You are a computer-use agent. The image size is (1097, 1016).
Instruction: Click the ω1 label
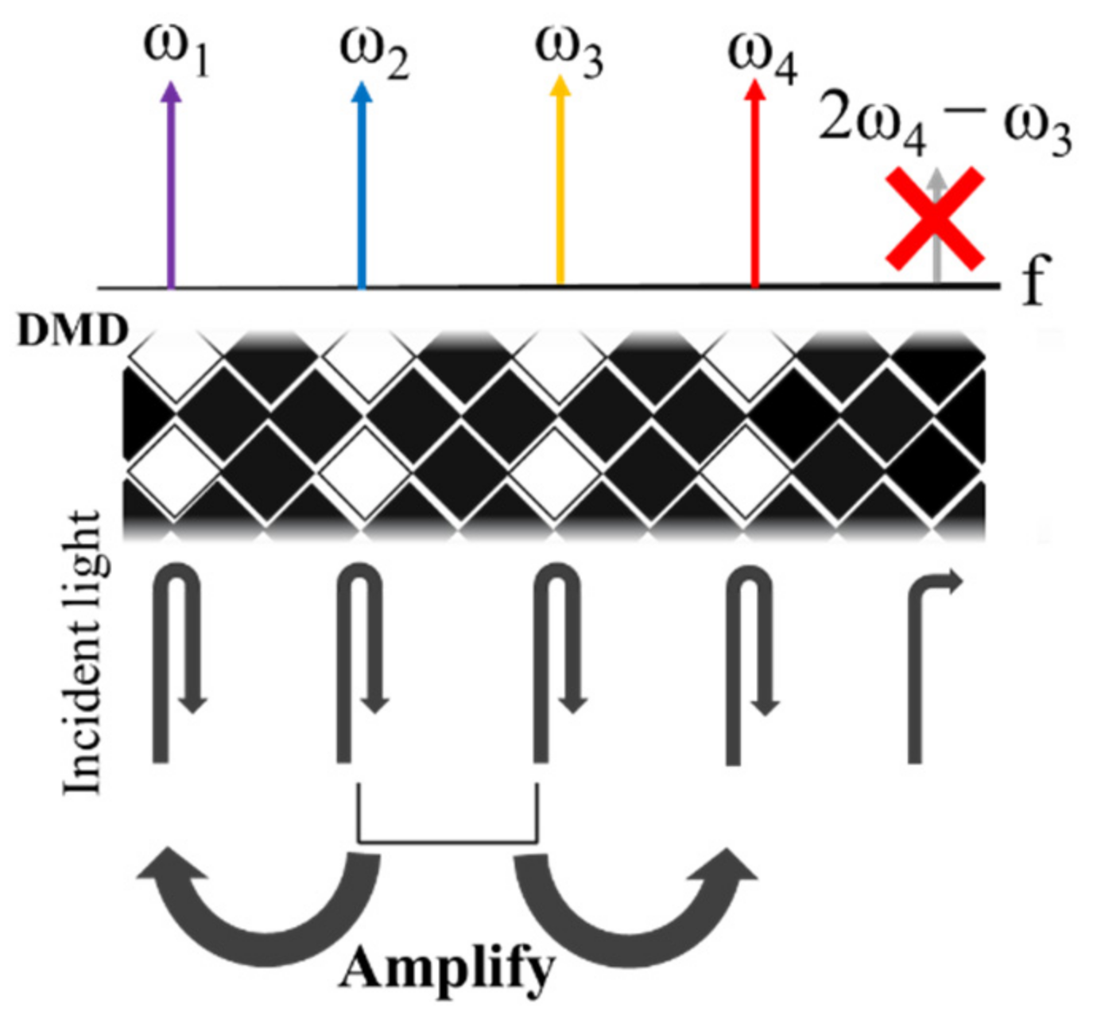tap(176, 51)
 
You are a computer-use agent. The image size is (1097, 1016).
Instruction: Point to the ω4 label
tap(762, 57)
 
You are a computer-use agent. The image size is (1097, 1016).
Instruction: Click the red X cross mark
tap(936, 219)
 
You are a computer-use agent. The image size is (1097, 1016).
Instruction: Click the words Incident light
tap(83, 652)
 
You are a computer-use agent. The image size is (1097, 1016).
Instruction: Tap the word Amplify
tap(447, 970)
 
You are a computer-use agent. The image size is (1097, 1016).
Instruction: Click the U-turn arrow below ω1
tap(176, 660)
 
